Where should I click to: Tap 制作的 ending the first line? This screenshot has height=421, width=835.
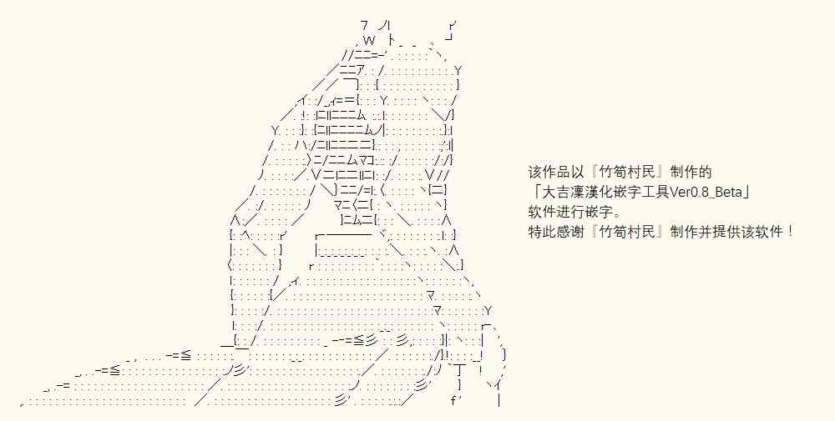point(691,173)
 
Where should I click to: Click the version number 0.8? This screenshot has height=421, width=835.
point(699,193)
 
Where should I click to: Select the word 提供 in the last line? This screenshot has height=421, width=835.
point(724,232)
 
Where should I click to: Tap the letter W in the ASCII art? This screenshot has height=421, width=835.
point(369,40)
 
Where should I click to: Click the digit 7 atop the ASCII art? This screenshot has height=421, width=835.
point(364,25)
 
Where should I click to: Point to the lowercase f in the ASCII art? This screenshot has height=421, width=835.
point(453,400)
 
